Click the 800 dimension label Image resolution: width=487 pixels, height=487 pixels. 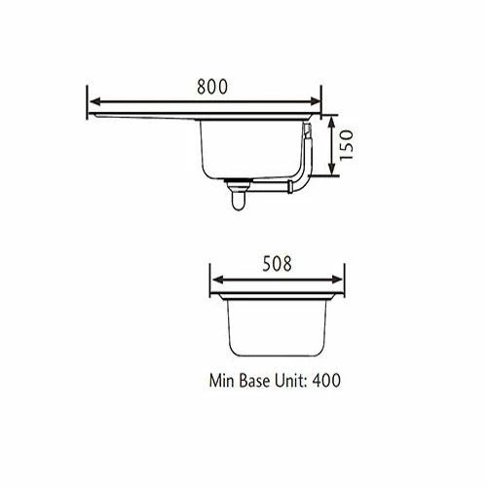(212, 87)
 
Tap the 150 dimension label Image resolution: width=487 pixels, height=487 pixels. (347, 145)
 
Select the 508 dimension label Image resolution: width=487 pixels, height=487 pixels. (277, 264)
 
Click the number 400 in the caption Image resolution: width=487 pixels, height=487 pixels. (326, 380)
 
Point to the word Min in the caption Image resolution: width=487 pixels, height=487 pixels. (221, 380)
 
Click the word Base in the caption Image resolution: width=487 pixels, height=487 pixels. (255, 380)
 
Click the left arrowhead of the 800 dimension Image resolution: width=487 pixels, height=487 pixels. (94, 101)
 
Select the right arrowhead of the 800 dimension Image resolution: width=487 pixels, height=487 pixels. (316, 101)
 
